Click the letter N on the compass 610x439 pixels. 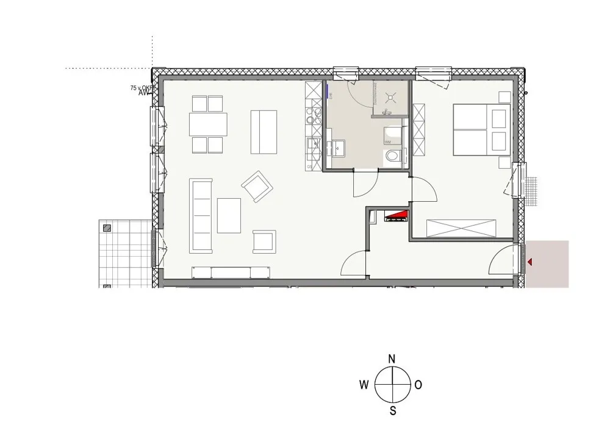(x=393, y=359)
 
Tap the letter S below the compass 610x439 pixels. (x=393, y=410)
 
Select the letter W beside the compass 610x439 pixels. (x=364, y=385)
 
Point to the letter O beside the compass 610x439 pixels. (x=418, y=385)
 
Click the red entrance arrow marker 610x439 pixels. (x=529, y=262)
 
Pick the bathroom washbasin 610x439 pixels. (x=337, y=148)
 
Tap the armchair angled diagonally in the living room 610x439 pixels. (x=257, y=186)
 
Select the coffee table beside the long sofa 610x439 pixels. (x=229, y=215)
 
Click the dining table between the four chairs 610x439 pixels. (x=207, y=124)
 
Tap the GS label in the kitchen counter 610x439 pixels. (x=309, y=165)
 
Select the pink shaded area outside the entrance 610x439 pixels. (x=548, y=264)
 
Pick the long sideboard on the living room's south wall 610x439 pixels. (x=230, y=272)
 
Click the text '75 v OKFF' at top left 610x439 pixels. (x=142, y=88)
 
